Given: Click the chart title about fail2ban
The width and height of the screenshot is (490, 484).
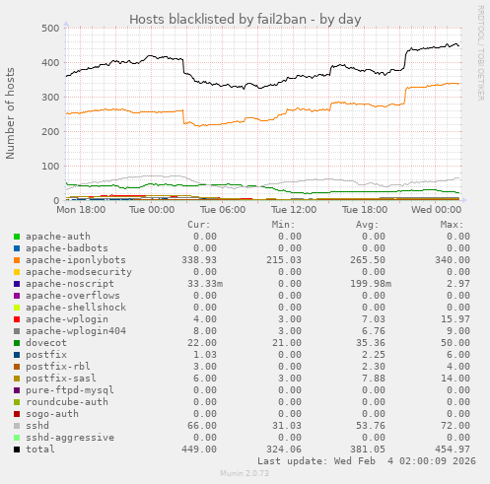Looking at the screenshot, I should (x=245, y=19).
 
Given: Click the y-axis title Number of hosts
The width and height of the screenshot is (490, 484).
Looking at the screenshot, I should (x=12, y=113).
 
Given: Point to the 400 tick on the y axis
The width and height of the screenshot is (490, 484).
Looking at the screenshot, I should (x=46, y=63).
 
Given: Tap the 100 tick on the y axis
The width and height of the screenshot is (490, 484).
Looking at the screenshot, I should (x=46, y=167).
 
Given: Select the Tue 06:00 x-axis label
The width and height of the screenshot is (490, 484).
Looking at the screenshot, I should (x=223, y=210).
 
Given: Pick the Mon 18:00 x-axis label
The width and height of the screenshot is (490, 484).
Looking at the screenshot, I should (x=81, y=210).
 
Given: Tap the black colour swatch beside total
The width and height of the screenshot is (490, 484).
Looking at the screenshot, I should (x=17, y=449).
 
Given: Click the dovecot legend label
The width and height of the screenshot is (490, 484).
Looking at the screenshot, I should (x=46, y=342).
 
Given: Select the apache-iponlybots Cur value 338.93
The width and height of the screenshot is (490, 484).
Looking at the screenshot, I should (x=197, y=259).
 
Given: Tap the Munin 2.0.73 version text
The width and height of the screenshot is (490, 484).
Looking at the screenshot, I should (x=245, y=474).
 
